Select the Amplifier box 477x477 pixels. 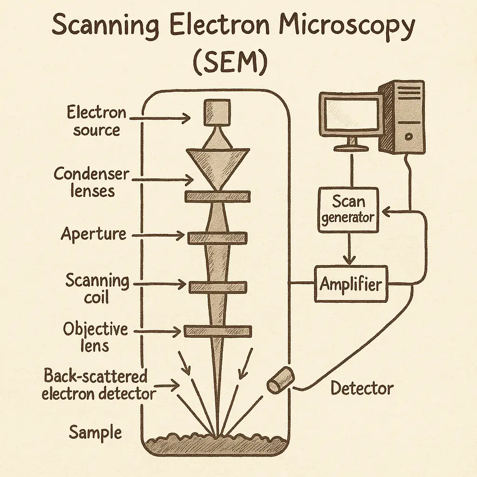[x=351, y=284]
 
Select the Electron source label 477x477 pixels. [x=96, y=121]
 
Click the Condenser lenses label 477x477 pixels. [x=91, y=182]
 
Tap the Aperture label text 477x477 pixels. [x=94, y=234]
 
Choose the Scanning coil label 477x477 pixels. [x=97, y=289]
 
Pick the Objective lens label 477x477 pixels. [x=95, y=337]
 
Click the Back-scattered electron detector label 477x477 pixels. [x=98, y=385]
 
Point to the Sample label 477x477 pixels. [x=95, y=432]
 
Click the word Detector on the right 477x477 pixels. [x=362, y=388]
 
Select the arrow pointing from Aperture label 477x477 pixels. [x=158, y=236]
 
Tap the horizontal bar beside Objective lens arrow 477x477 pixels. [x=218, y=331]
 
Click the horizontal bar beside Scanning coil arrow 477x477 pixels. [x=218, y=287]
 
